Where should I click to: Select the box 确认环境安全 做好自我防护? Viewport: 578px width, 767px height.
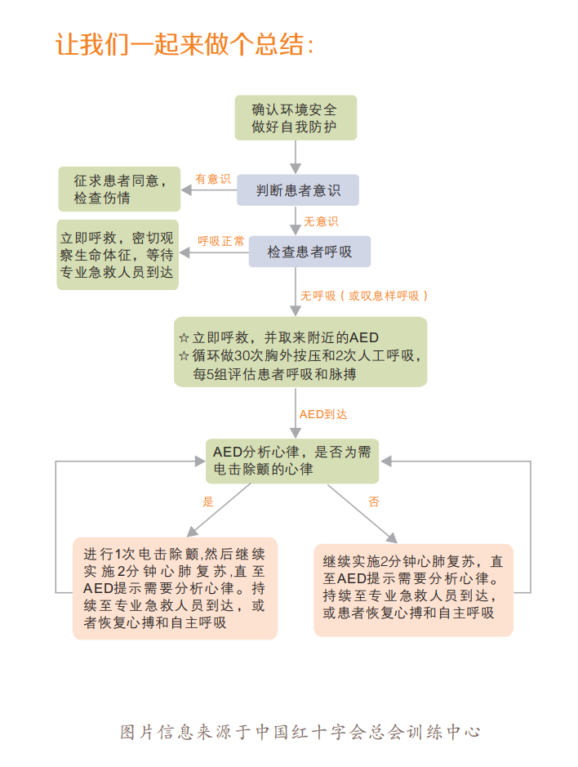click(294, 118)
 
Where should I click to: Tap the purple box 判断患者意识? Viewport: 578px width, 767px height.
click(298, 190)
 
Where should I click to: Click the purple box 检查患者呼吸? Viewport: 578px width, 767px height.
click(309, 252)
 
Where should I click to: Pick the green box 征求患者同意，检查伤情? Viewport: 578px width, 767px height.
click(119, 189)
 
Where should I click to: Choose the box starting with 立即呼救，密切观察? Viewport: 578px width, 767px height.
click(118, 254)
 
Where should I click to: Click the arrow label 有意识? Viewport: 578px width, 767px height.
click(212, 178)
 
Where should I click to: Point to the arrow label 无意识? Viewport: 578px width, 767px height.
click(321, 221)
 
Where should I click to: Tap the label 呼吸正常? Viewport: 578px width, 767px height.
click(220, 241)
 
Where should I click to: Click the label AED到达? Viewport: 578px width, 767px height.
click(322, 414)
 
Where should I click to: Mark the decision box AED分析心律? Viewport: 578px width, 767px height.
click(292, 460)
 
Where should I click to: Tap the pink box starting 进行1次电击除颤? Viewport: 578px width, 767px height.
click(175, 587)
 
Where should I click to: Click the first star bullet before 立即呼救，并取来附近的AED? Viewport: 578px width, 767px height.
click(184, 337)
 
